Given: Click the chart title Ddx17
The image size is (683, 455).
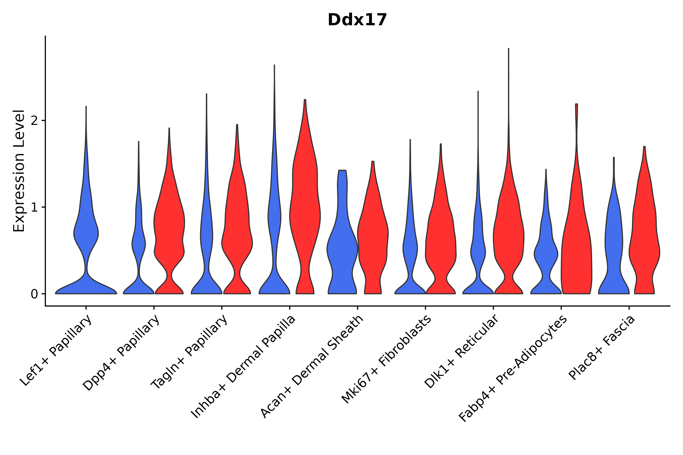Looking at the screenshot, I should pos(357,20).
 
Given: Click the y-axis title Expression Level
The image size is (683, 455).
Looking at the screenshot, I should pos(19,171).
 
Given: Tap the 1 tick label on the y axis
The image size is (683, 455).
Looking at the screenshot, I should pos(34,207).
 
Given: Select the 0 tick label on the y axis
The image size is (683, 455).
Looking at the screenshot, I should pos(34,294).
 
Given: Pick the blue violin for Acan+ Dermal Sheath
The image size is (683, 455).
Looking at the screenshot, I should pos(342,247).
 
